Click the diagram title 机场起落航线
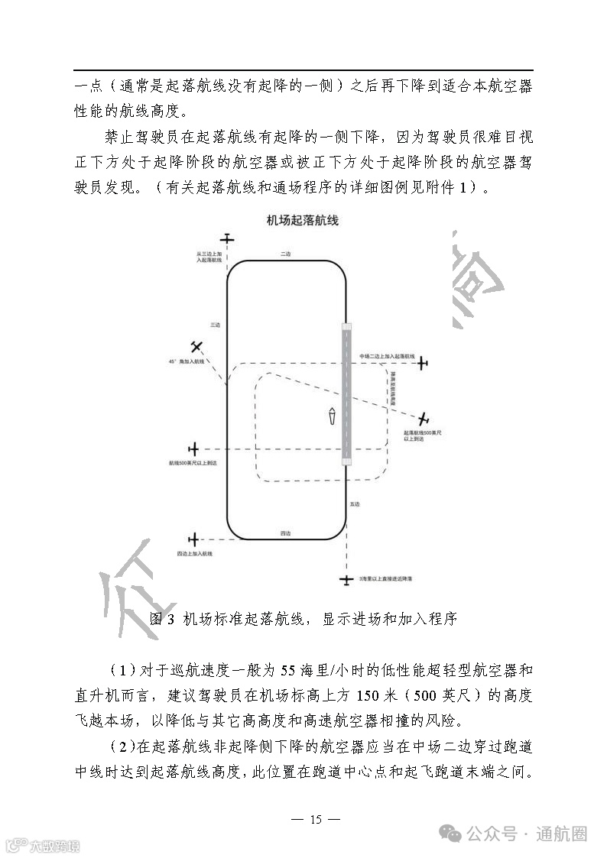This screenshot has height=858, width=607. coord(302,221)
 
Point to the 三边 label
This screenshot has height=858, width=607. coord(216,324)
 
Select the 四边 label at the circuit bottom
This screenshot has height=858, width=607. coord(285,532)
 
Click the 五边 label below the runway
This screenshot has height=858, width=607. coord(354,505)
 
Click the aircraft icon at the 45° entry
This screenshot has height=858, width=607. coord(196,347)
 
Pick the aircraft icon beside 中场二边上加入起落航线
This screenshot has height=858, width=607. coord(422,363)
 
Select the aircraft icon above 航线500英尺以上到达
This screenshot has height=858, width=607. coord(193,448)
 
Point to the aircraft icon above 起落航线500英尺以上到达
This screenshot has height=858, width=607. coord(423,418)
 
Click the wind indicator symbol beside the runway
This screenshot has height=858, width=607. coord(332,417)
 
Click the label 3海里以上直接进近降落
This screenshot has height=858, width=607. coord(385,581)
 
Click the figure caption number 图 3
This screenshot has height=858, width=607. coord(164,619)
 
